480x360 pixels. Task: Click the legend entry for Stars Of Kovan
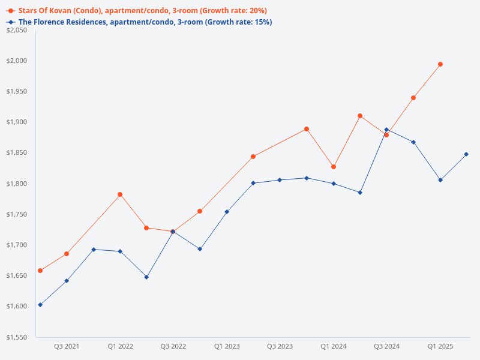point(120,11)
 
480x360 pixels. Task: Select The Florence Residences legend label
point(120,22)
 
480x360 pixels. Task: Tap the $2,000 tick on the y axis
point(17,61)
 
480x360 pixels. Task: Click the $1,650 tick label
point(17,275)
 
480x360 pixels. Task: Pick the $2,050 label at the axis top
point(17,30)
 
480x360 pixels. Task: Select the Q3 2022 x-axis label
point(173,346)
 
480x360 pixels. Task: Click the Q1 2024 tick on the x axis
point(334,346)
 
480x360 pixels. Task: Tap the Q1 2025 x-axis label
point(440,346)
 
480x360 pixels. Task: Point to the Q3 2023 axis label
point(280,346)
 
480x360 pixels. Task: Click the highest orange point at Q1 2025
point(440,64)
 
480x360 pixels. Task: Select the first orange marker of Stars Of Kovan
point(40,271)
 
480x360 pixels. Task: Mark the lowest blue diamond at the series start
point(40,305)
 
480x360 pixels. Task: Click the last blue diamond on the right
point(467,154)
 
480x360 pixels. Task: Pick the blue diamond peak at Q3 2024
point(386,130)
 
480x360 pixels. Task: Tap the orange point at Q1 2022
point(120,194)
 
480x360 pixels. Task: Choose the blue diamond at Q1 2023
point(227,212)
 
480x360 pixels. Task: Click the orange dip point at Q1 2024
point(334,167)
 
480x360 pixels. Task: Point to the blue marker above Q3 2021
point(67,281)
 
